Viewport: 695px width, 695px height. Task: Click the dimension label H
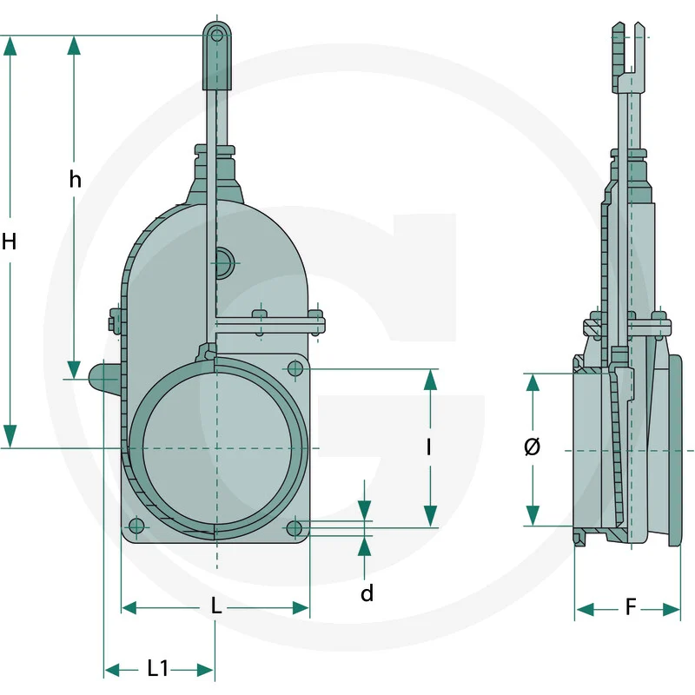(x=9, y=242)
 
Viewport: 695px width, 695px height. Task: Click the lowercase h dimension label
(x=76, y=179)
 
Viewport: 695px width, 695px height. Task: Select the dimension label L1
(x=157, y=668)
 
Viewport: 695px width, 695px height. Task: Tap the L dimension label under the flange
(x=215, y=606)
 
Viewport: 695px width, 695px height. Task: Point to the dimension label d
(x=367, y=593)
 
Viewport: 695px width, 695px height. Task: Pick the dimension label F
(x=631, y=606)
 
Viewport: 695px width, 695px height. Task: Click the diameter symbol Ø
(x=532, y=447)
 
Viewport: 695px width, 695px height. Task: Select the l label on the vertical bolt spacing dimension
(x=428, y=447)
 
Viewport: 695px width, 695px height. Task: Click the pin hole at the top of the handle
(x=216, y=35)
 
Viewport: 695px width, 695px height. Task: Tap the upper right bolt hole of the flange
(x=295, y=368)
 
